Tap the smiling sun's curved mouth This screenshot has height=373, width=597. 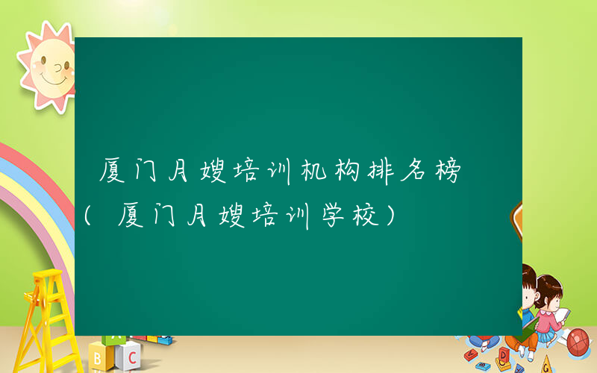52,77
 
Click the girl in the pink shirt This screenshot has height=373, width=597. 548,306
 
